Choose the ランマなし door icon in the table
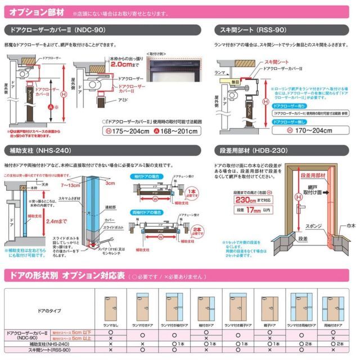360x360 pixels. tap(110, 308)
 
